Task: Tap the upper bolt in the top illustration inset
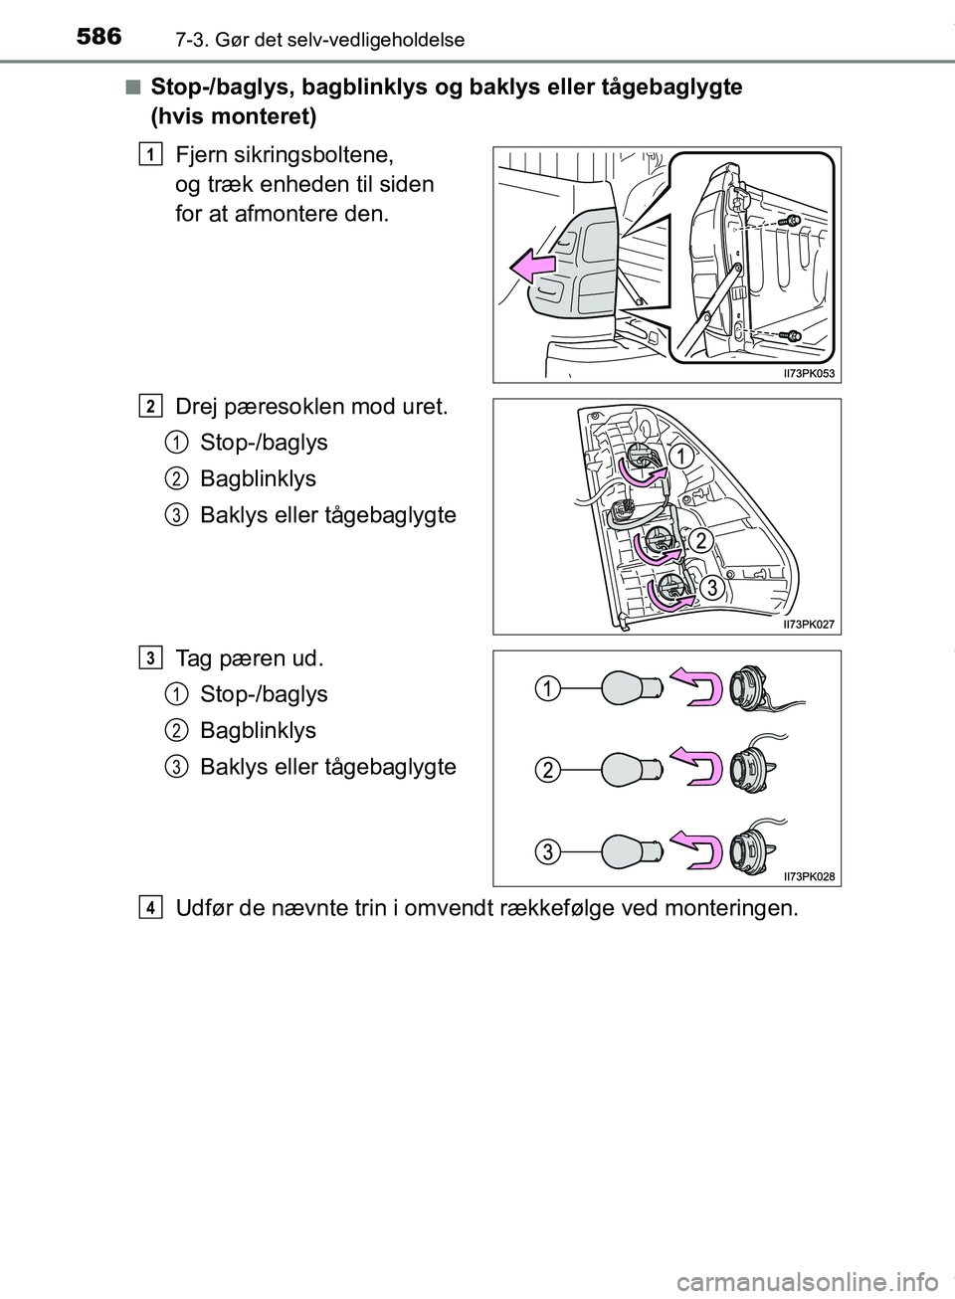tap(792, 220)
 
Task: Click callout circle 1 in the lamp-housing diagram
tap(680, 457)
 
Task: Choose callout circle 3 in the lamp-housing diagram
tap(712, 589)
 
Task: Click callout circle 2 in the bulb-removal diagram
tap(546, 768)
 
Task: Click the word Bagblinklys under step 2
tap(258, 478)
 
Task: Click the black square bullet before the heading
tap(132, 89)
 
